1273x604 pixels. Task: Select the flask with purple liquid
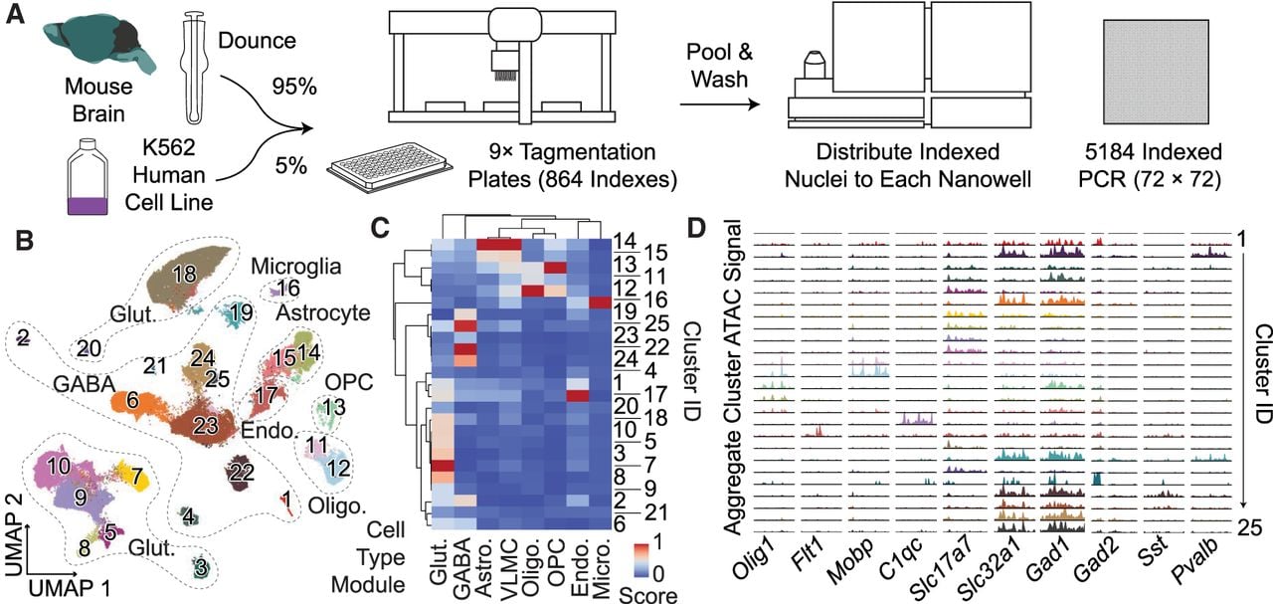click(88, 177)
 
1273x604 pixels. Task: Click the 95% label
click(293, 87)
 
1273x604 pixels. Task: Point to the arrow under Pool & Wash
click(719, 104)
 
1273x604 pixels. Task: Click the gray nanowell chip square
click(1156, 72)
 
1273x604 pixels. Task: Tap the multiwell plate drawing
click(389, 165)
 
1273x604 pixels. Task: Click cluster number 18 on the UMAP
click(185, 274)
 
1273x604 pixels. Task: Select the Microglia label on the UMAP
click(296, 266)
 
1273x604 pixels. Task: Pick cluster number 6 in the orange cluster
click(132, 400)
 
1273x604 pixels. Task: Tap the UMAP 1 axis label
click(70, 588)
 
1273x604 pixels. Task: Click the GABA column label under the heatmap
click(462, 569)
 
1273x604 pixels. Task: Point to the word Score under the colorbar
click(647, 595)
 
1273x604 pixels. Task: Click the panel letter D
click(697, 228)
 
